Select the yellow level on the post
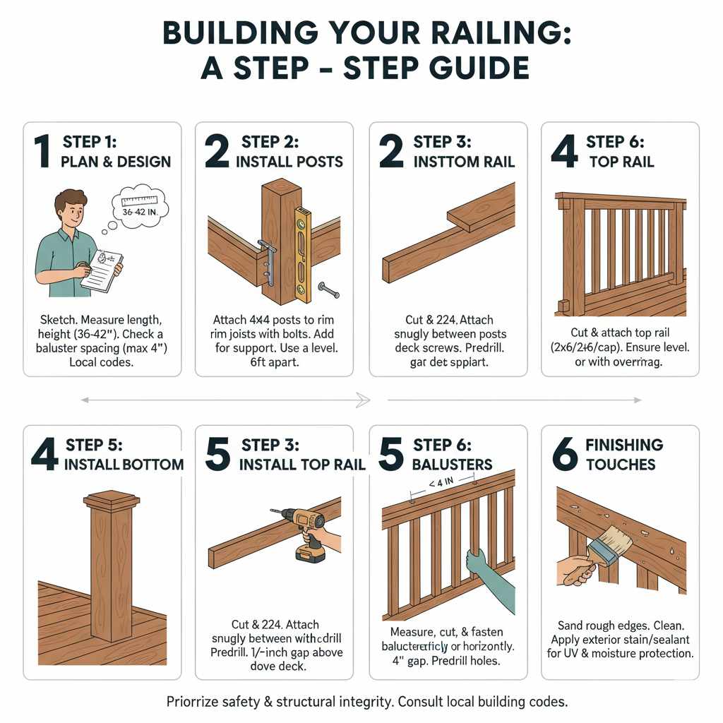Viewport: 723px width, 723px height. (x=301, y=244)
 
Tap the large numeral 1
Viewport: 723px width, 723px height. (x=42, y=151)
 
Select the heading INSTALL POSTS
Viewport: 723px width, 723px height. (x=289, y=162)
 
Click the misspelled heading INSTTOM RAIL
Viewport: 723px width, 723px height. (x=464, y=162)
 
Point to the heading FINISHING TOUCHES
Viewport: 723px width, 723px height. (x=623, y=455)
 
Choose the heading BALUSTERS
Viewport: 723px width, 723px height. (x=453, y=465)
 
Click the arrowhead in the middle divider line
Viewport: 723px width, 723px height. (x=364, y=400)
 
